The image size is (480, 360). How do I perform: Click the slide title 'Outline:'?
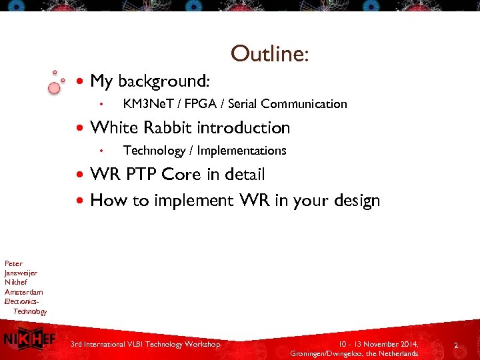pos(269,53)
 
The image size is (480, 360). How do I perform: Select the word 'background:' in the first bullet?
pos(164,81)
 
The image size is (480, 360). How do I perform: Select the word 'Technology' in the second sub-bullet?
pos(154,151)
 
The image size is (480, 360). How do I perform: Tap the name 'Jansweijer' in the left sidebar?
pos(21,273)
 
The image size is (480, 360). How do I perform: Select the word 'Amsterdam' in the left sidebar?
pos(23,292)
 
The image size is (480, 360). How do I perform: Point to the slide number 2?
pos(456,345)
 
